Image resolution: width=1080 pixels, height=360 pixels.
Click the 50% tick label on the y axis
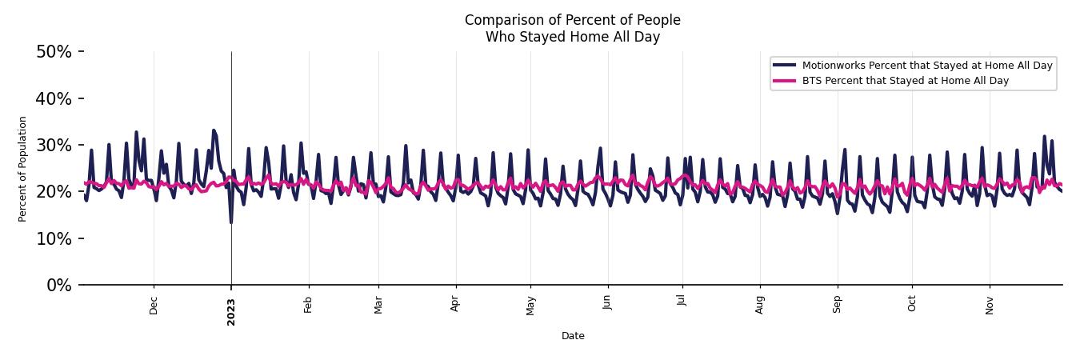[x=54, y=52]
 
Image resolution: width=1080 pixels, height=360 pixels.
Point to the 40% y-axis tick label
[x=54, y=98]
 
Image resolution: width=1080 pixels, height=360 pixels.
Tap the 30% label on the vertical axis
[x=54, y=146]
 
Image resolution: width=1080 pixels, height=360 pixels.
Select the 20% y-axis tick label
[x=54, y=192]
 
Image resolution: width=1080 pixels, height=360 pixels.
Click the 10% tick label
[x=54, y=239]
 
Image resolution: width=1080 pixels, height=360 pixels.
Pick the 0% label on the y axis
[x=58, y=286]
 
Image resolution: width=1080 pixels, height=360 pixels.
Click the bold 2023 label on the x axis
[x=231, y=311]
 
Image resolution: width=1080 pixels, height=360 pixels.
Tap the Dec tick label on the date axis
[x=154, y=305]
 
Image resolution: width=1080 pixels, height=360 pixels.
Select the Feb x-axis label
[x=308, y=304]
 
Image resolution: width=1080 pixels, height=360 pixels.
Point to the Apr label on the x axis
[x=455, y=304]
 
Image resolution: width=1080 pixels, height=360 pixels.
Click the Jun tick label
[x=607, y=304]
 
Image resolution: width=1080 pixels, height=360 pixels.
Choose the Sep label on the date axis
[x=838, y=304]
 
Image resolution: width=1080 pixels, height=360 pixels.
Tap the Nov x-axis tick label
[x=990, y=305]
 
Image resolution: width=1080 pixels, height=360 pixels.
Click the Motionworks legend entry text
[x=927, y=66]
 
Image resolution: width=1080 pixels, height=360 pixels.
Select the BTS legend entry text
[x=905, y=81]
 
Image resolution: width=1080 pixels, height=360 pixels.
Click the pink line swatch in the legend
[x=785, y=81]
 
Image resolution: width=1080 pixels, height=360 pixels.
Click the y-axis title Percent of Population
[x=23, y=169]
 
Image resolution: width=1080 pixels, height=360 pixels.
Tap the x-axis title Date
[x=573, y=336]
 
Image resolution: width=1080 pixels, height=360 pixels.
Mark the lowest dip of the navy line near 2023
[x=231, y=222]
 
